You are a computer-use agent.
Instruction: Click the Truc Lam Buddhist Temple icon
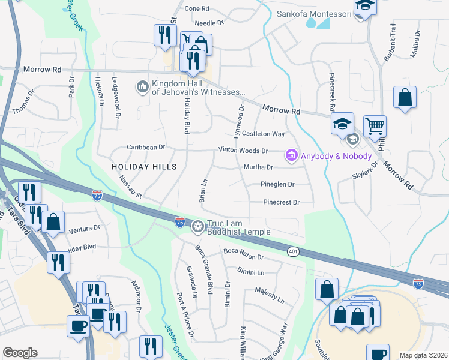pyautogui.click(x=197, y=227)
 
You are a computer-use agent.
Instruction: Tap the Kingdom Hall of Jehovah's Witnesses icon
pyautogui.click(x=143, y=88)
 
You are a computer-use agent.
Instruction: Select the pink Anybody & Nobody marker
pyautogui.click(x=292, y=156)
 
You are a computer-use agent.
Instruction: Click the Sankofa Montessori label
pyautogui.click(x=314, y=14)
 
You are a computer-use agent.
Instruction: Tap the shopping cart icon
pyautogui.click(x=375, y=126)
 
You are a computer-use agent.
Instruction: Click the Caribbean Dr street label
pyautogui.click(x=145, y=147)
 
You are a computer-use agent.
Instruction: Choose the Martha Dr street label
pyautogui.click(x=258, y=167)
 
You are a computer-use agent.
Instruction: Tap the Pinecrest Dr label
pyautogui.click(x=281, y=203)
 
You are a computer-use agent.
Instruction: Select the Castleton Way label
pyautogui.click(x=264, y=134)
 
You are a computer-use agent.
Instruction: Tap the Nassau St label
pyautogui.click(x=129, y=186)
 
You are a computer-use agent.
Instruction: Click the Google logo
pyautogui.click(x=20, y=353)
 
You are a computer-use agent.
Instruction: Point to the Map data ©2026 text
pyautogui.click(x=423, y=355)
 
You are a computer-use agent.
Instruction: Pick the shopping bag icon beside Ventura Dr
pyautogui.click(x=53, y=221)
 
